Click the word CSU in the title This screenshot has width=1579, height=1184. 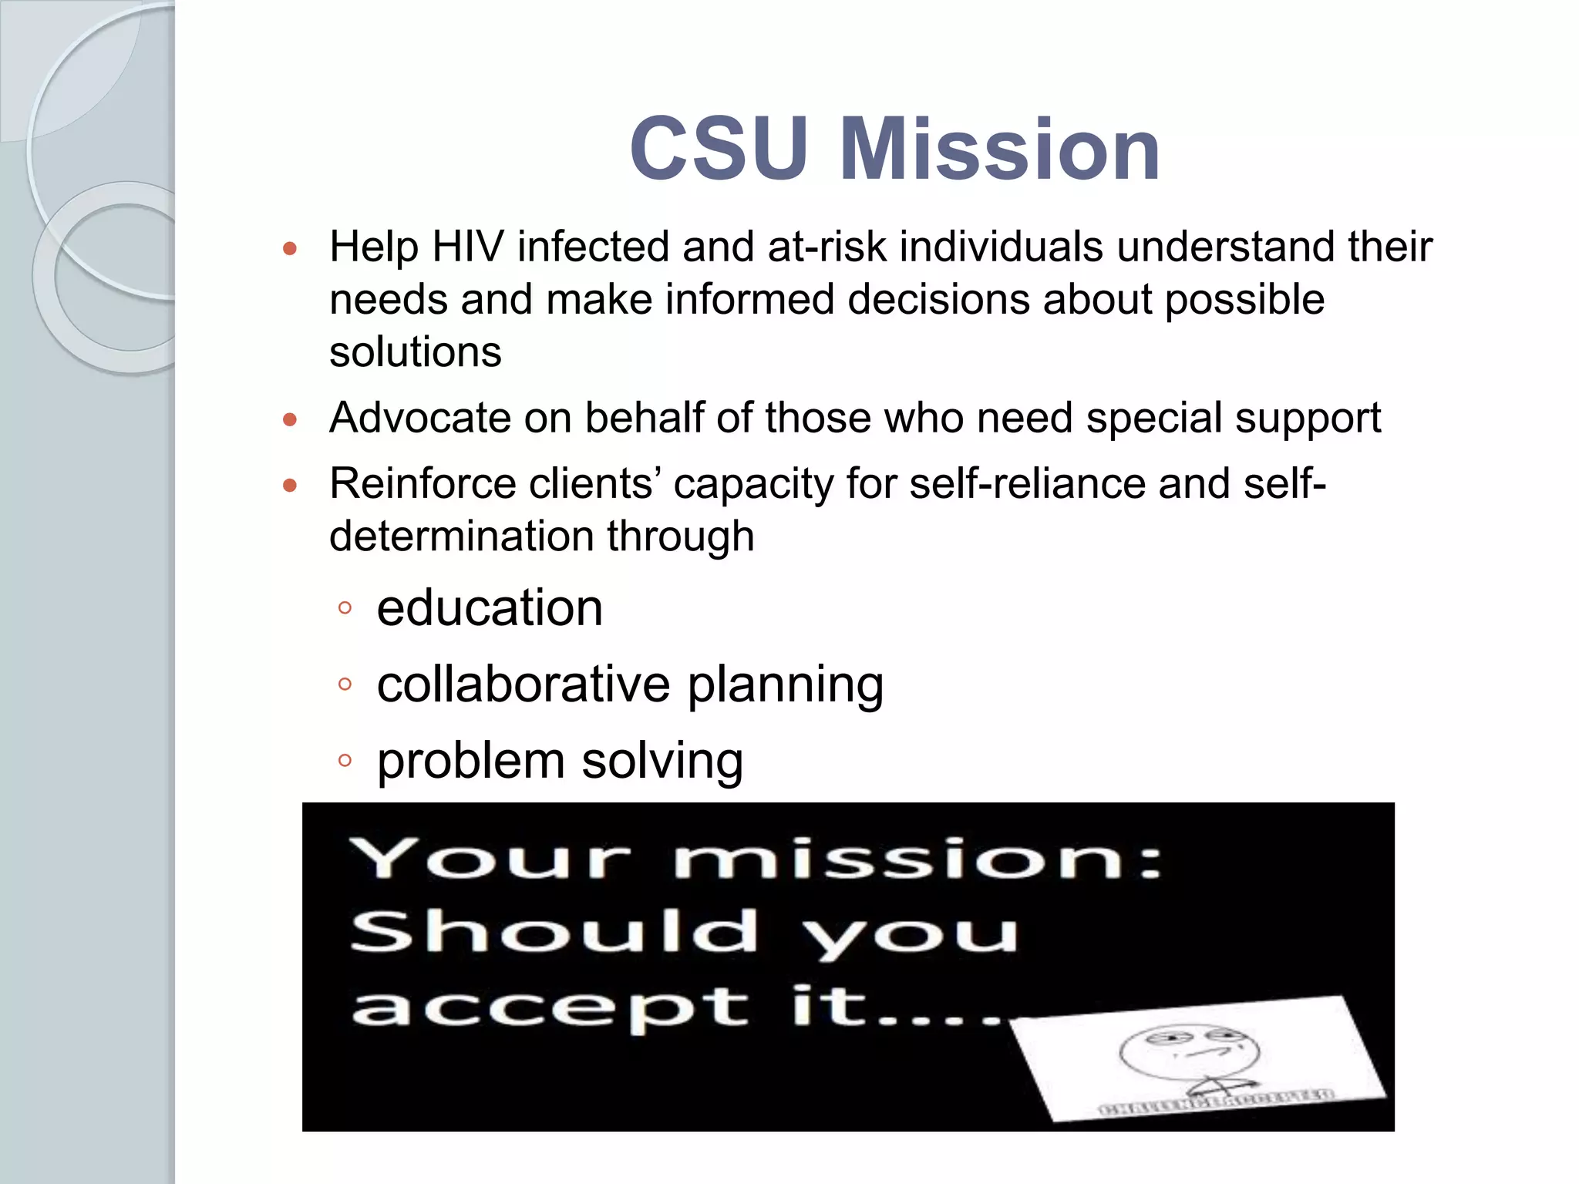[x=719, y=148]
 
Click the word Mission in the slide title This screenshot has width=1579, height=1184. [x=999, y=148]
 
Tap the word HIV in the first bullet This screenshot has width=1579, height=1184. [x=468, y=247]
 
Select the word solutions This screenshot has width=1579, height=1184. [x=416, y=352]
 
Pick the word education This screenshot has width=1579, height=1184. [x=490, y=607]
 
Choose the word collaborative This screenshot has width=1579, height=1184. [x=524, y=684]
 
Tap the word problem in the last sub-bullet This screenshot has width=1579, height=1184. [x=471, y=760]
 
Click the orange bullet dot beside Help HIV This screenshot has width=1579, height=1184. [x=290, y=248]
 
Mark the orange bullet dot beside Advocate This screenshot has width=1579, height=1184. [x=290, y=419]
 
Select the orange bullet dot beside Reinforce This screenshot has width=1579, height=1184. [x=290, y=486]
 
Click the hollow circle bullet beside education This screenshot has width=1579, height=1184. [x=345, y=608]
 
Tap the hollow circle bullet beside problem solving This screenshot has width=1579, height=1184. [x=345, y=761]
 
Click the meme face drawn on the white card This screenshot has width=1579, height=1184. [x=1189, y=1056]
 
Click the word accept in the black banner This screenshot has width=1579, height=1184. [x=550, y=1008]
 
